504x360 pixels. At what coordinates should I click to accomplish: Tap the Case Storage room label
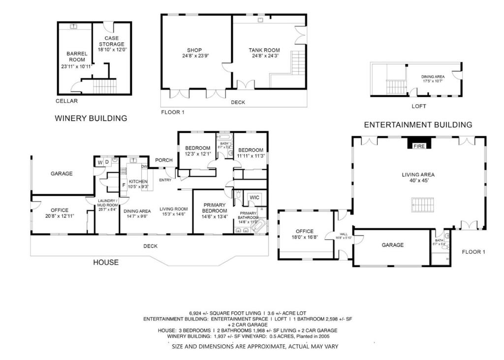click(112, 44)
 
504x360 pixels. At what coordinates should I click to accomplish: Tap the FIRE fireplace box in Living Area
click(419, 146)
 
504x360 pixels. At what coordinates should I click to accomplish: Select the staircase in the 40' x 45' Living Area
click(423, 204)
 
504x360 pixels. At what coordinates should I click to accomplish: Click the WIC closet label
click(254, 197)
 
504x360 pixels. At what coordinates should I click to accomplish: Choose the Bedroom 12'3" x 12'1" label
click(197, 151)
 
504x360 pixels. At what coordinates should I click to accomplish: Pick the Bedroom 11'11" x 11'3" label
click(251, 153)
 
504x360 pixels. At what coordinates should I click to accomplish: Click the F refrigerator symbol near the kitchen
click(124, 186)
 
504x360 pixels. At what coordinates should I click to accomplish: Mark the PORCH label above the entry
click(163, 160)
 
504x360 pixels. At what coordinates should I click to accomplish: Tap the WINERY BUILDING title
click(91, 118)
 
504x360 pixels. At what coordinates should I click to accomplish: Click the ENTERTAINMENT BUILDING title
click(418, 125)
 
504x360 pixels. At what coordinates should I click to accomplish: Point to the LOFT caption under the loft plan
click(419, 106)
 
